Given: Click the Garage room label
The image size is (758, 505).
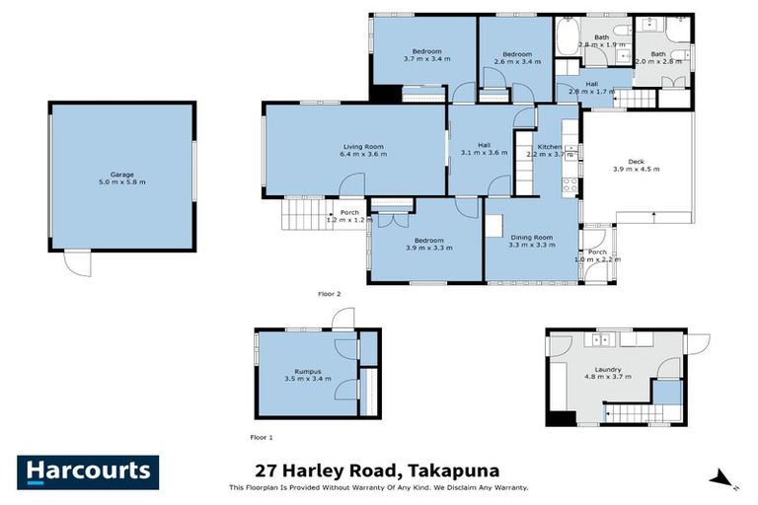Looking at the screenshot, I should (x=121, y=178).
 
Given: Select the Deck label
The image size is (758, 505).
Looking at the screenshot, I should (x=636, y=165).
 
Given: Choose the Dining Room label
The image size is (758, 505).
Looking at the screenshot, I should (x=531, y=240).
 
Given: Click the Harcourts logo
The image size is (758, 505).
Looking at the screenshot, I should (x=87, y=471).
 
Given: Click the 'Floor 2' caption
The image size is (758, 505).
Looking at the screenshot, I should (x=329, y=294).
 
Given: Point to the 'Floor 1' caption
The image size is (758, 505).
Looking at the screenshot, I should (x=262, y=436).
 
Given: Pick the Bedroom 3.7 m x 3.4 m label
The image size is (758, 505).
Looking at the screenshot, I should (x=426, y=55).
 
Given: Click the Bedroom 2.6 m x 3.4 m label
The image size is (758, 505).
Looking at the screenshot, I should (x=516, y=58).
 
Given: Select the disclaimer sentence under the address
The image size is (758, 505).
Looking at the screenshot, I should (x=378, y=487).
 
